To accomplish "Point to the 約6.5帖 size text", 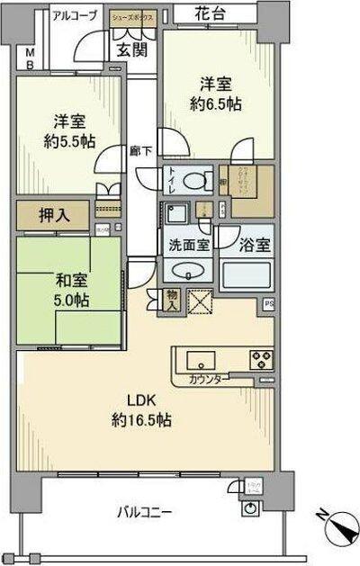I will click(x=215, y=105).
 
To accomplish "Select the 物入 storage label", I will click(x=173, y=301).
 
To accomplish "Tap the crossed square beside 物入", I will click(x=201, y=300).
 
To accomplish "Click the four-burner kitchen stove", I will click(x=262, y=359).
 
